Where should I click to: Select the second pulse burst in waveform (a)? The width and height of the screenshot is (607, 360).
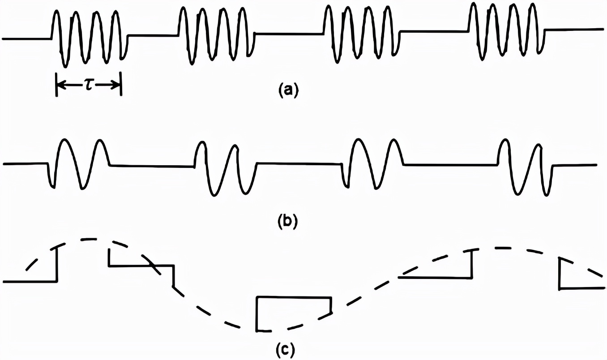[216, 35]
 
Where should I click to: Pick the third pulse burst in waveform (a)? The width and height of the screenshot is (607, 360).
[361, 33]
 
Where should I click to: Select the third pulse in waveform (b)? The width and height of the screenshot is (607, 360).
[373, 164]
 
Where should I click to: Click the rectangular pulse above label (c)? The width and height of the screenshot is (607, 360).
[294, 313]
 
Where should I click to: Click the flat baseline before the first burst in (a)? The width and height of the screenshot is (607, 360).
[27, 39]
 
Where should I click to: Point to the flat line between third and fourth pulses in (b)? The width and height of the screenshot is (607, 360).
[450, 165]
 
